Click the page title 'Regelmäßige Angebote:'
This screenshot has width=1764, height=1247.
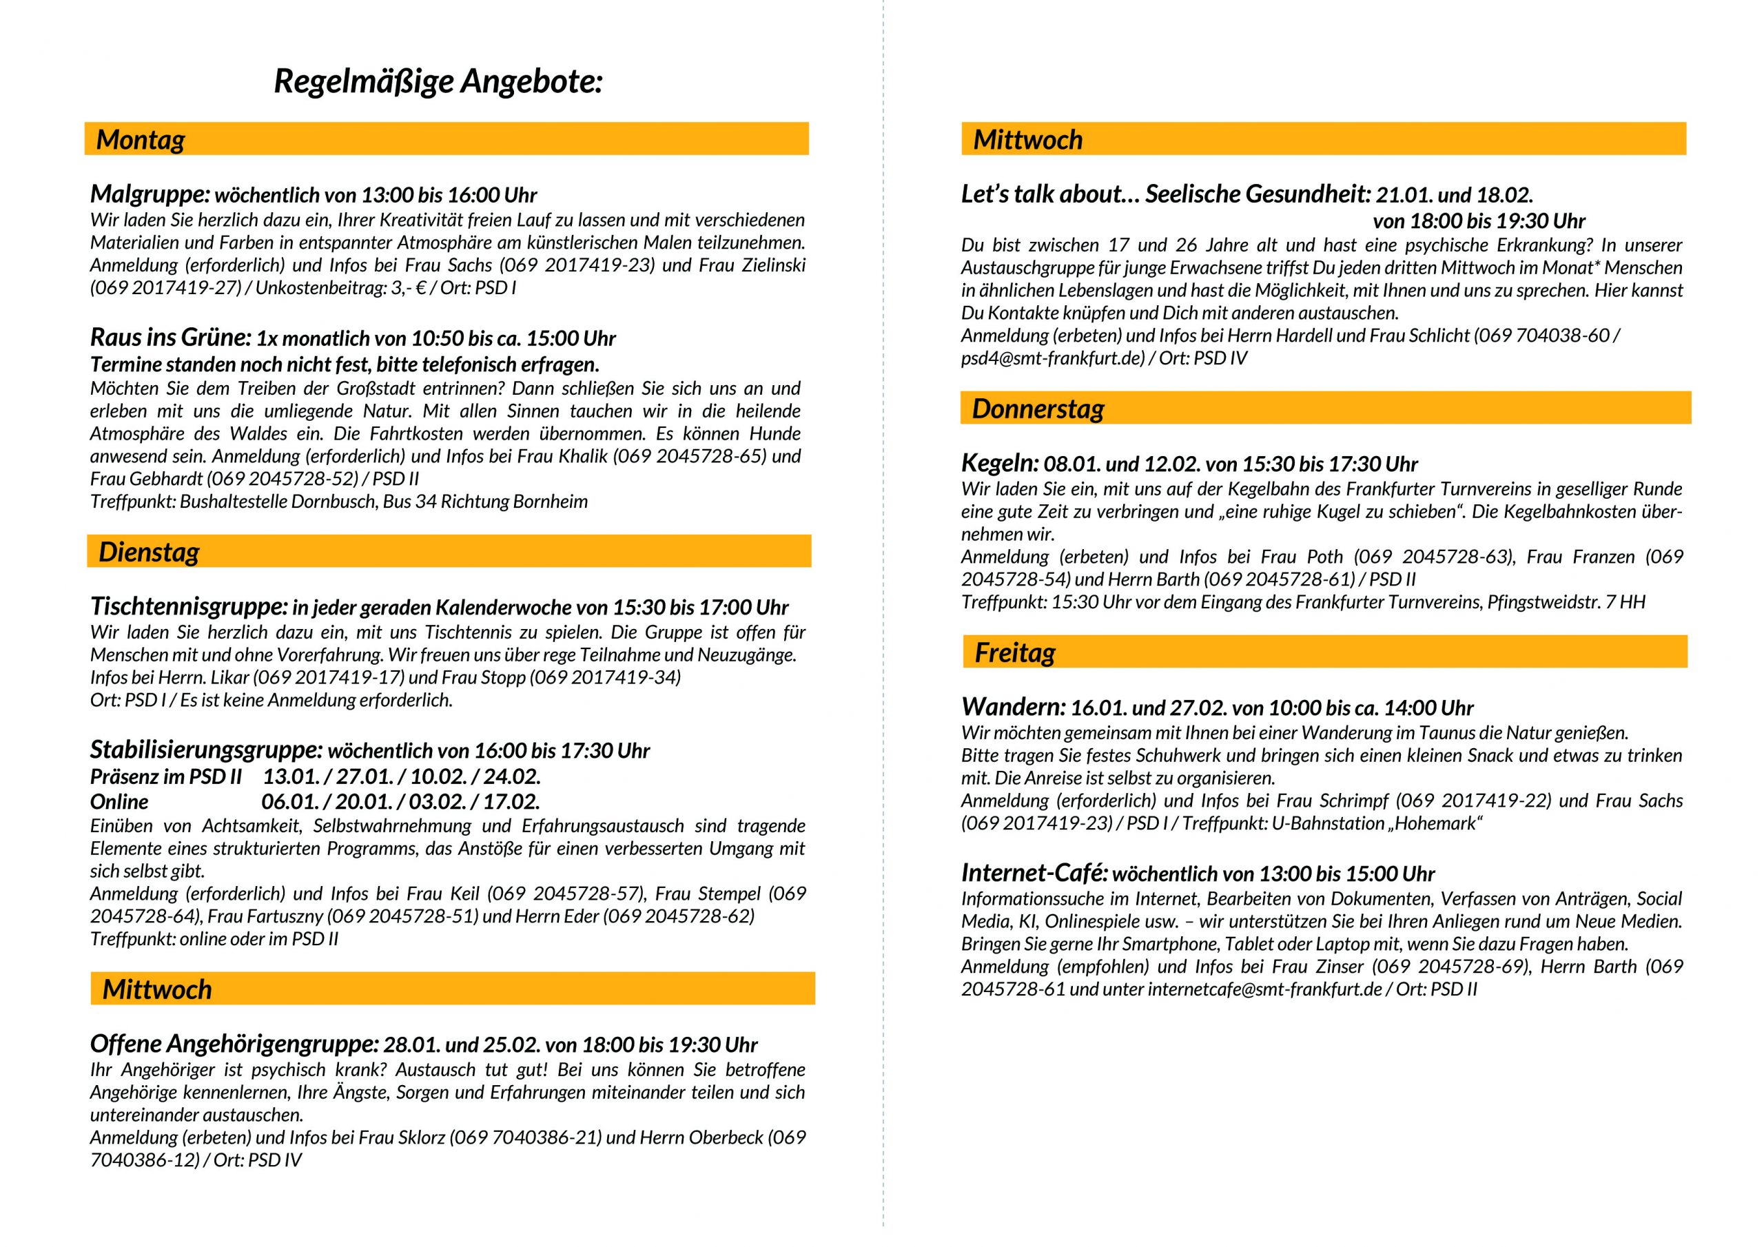tap(438, 82)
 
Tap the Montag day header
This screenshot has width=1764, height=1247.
tap(141, 140)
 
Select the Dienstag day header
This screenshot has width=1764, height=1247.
tap(149, 553)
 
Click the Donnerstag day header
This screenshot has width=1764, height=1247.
tap(1038, 409)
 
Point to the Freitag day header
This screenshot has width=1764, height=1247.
tap(1015, 653)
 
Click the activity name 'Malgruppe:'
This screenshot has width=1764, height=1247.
tap(150, 194)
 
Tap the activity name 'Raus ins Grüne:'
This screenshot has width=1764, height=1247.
tap(171, 338)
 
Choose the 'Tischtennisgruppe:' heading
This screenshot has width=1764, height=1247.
tap(189, 607)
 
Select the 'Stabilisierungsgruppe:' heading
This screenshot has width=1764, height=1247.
tap(206, 750)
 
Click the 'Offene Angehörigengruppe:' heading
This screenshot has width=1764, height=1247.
tap(234, 1045)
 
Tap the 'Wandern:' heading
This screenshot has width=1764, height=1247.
tap(1014, 708)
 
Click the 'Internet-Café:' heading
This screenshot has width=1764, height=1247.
tap(1034, 874)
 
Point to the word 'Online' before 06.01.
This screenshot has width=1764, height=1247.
tap(119, 802)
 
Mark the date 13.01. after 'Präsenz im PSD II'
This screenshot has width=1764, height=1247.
tap(289, 776)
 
